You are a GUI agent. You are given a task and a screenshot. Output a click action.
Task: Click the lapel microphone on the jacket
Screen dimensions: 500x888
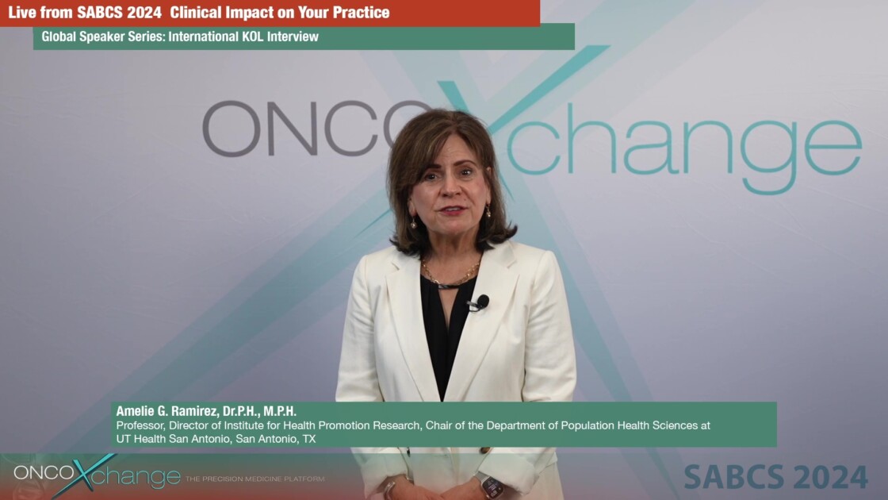[x=481, y=302]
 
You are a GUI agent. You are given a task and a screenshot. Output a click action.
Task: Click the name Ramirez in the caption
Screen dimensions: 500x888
[x=182, y=411]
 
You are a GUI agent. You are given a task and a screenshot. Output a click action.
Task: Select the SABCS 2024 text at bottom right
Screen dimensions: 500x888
[x=775, y=477]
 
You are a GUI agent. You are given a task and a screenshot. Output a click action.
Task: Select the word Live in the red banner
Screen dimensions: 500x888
[x=22, y=13]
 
